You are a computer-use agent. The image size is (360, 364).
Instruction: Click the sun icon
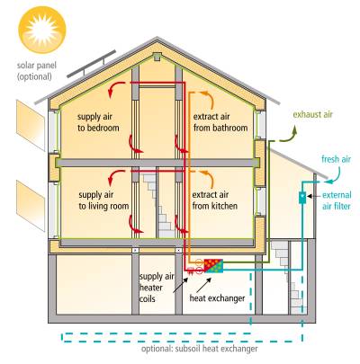coord(41,30)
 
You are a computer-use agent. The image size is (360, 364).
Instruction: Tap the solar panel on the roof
coord(91,64)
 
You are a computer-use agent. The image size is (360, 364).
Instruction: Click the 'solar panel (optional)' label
coord(36,71)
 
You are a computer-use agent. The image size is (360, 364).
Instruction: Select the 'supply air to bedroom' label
coord(98,122)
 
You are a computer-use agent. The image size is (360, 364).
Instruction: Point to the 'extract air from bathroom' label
coord(220,122)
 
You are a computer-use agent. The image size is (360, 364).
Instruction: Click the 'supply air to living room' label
coord(103,200)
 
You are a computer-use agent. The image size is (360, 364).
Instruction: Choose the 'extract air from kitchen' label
coord(215,200)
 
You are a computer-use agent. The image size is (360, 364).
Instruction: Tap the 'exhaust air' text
coord(313,114)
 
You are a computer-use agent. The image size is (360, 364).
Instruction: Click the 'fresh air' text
coord(336,159)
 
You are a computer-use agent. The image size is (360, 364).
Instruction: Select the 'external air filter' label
coord(337,200)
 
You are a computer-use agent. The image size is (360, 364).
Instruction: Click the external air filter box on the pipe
coord(302,197)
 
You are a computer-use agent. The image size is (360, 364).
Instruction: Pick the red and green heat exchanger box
coord(213,266)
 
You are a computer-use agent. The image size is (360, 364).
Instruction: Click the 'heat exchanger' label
coord(217,298)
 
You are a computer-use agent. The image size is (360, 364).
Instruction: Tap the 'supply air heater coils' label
coord(156,288)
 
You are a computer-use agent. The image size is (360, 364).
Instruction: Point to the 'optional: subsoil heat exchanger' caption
coord(200,349)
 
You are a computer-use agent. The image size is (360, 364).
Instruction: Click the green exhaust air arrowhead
coord(294,129)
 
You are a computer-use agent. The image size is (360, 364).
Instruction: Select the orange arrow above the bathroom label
coord(208,98)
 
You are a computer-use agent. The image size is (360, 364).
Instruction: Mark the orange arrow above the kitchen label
coord(208,178)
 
